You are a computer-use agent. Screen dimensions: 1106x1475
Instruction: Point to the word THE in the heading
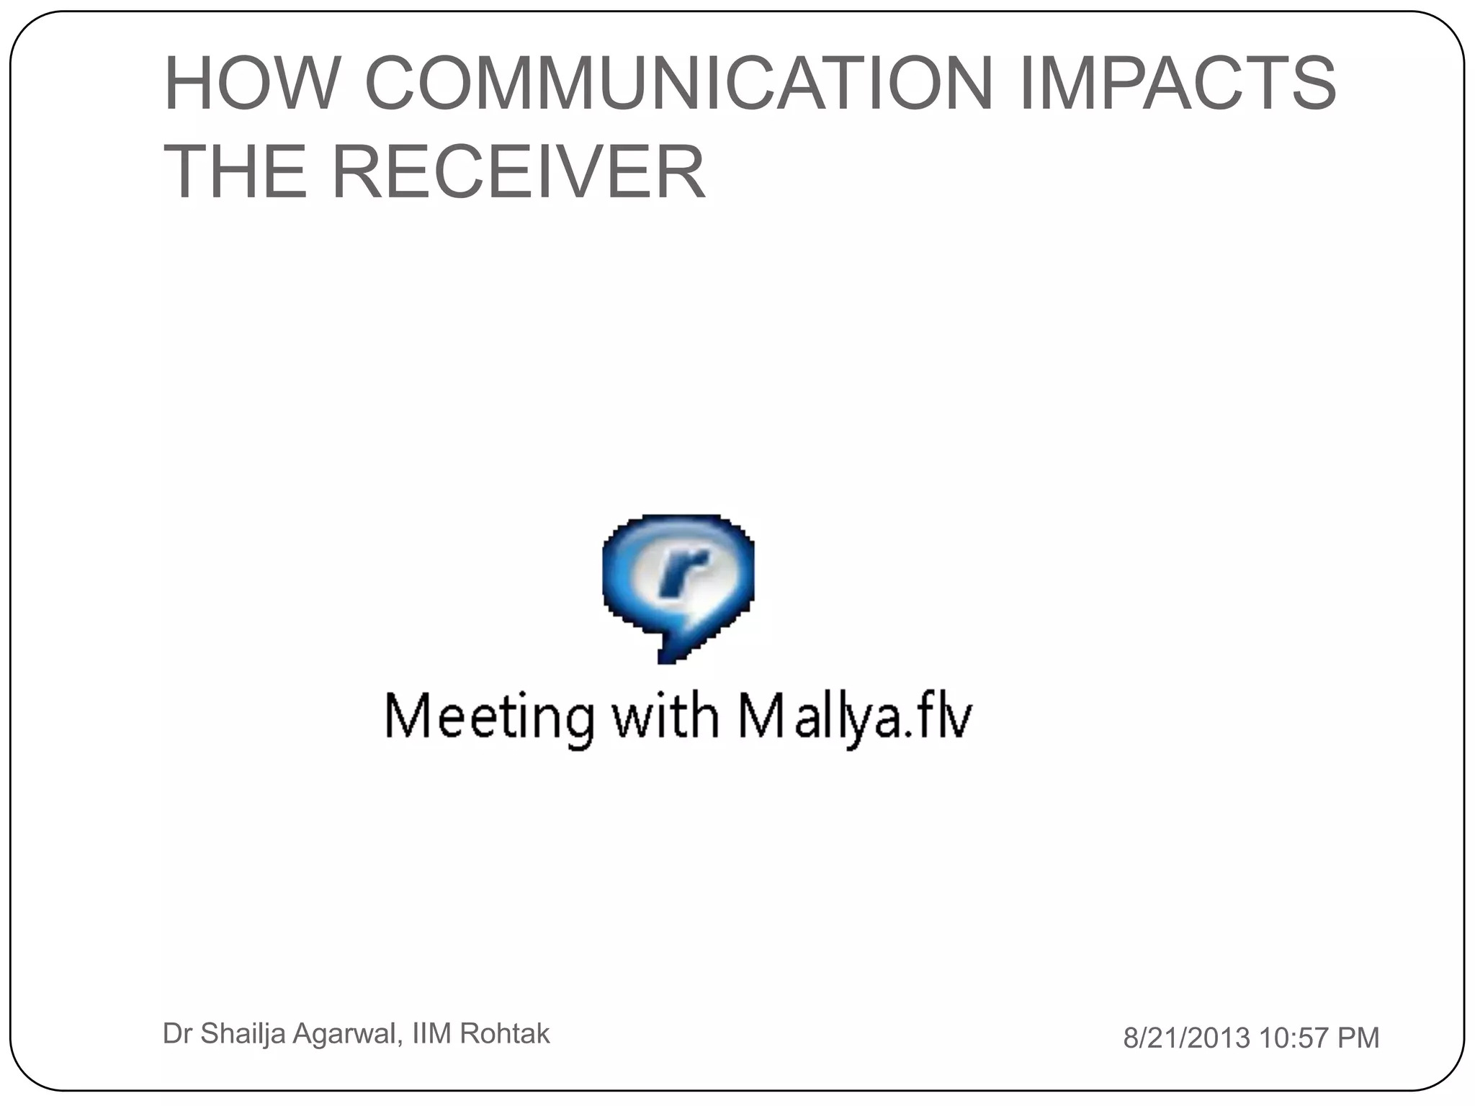click(235, 171)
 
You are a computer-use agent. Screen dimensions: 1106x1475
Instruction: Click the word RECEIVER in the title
click(518, 171)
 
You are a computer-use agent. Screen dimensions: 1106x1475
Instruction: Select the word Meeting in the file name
click(490, 717)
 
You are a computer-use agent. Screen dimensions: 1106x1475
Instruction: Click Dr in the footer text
click(177, 1033)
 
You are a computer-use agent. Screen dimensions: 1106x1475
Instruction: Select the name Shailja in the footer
click(242, 1034)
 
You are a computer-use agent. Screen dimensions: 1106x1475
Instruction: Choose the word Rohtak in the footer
click(504, 1033)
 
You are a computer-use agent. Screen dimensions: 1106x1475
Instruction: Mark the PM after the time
click(1358, 1038)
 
